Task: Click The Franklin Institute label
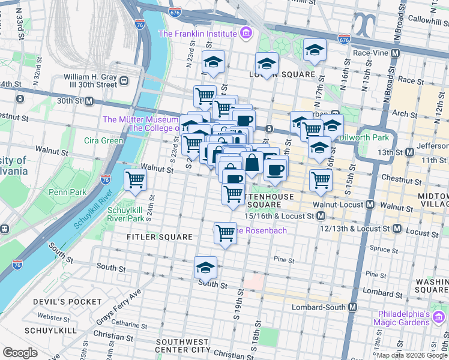click(198, 34)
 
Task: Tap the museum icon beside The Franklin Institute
click(246, 34)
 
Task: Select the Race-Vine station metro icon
click(395, 53)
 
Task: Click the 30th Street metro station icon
click(89, 101)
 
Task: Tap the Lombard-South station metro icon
click(352, 307)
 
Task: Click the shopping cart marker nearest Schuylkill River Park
click(136, 179)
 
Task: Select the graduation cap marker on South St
click(205, 268)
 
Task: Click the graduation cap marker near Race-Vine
click(314, 51)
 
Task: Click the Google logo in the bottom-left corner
click(20, 353)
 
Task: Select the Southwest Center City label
click(182, 345)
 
